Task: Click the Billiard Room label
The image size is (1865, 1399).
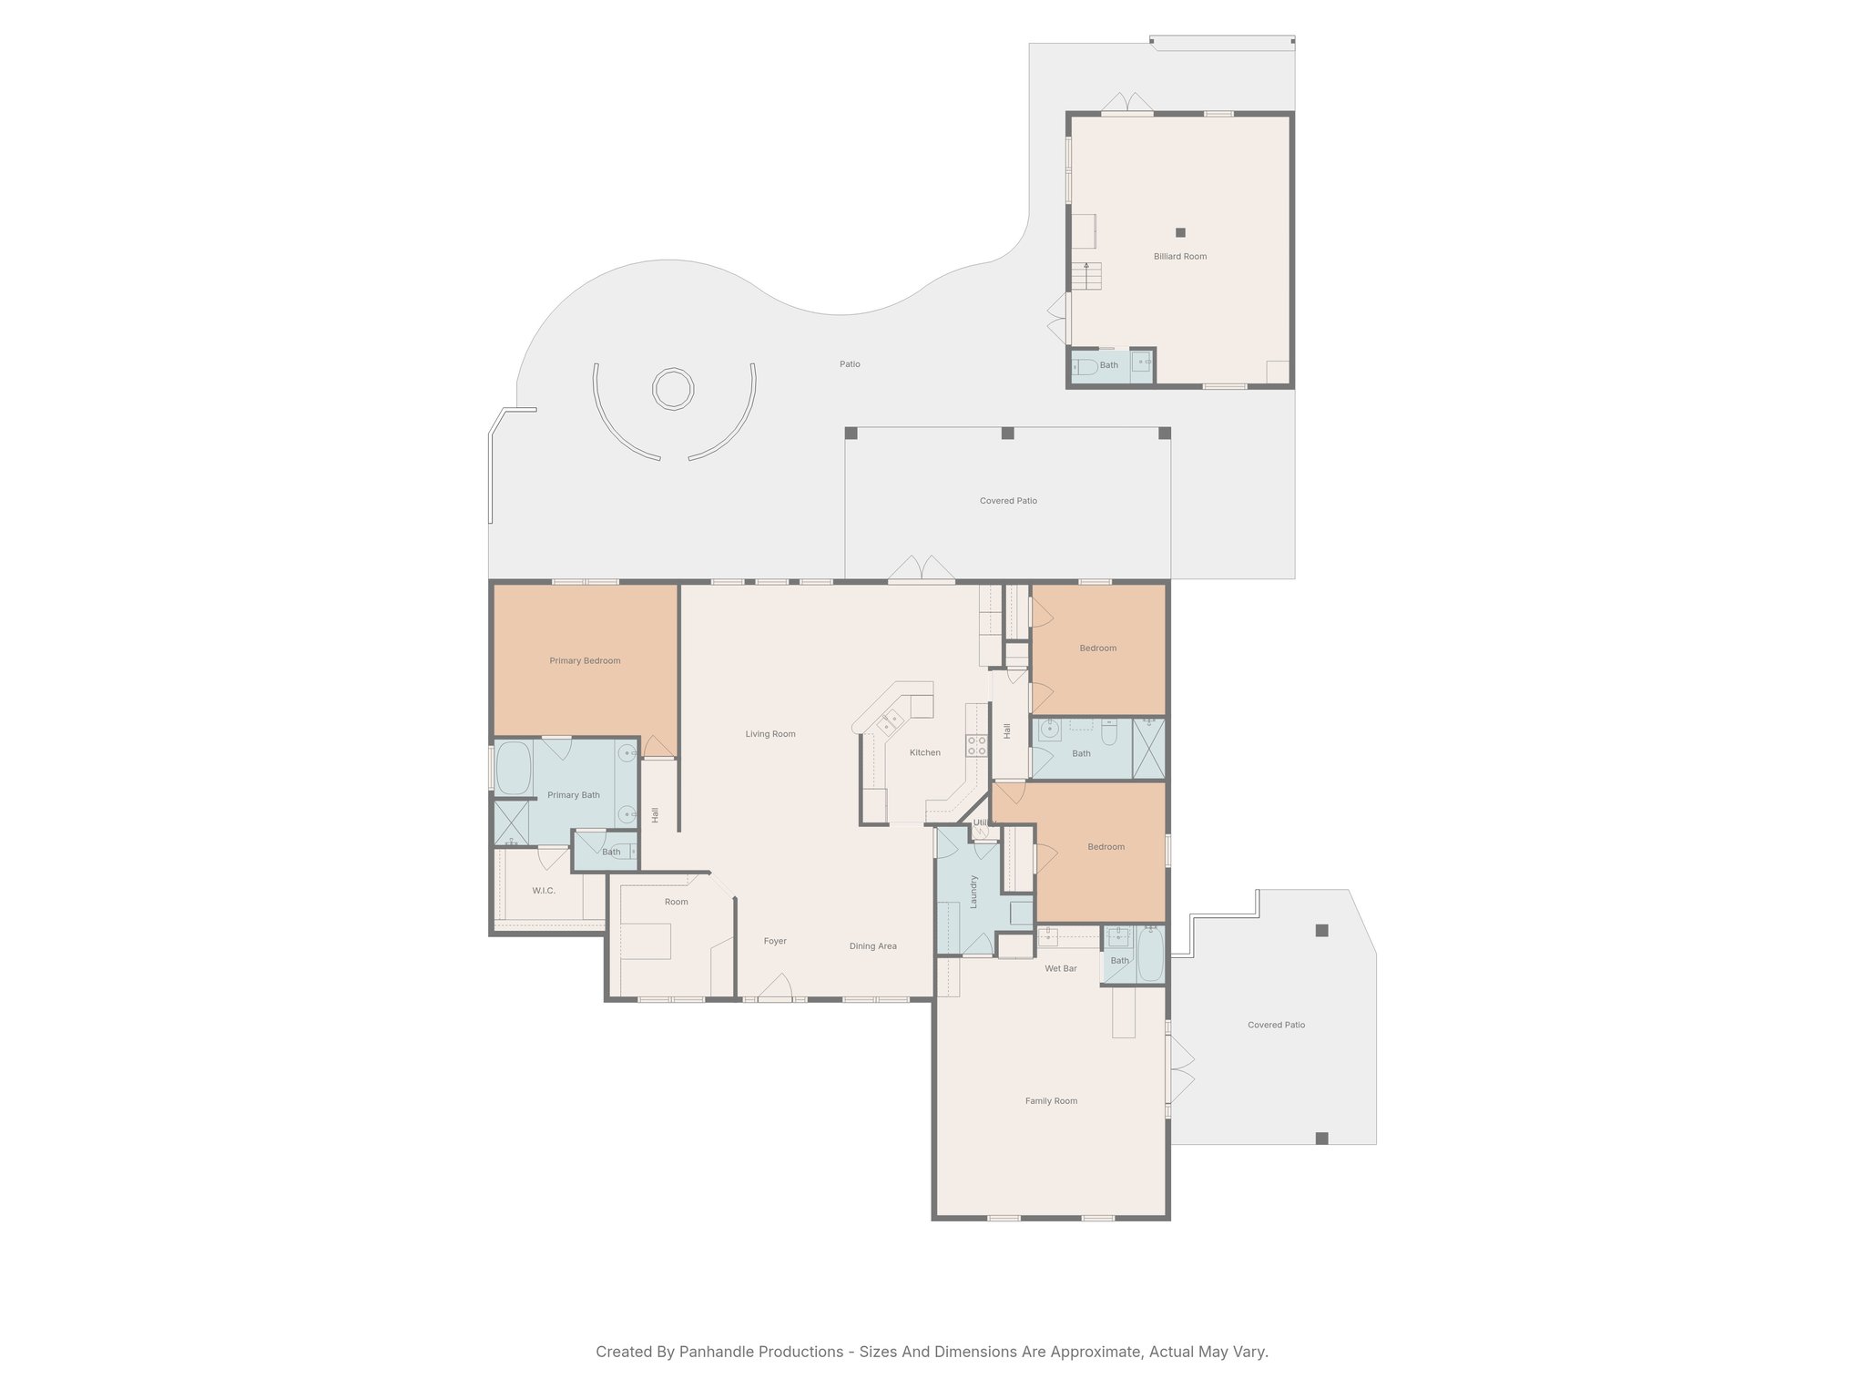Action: [x=1179, y=257]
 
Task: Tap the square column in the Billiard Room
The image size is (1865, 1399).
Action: [x=1180, y=232]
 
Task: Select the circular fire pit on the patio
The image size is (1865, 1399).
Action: [x=673, y=389]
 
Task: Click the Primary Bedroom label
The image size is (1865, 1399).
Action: [x=585, y=661]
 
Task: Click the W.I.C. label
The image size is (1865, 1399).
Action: [x=544, y=891]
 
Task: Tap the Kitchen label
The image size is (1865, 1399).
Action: [x=924, y=752]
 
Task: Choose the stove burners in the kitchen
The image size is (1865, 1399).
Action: [x=977, y=745]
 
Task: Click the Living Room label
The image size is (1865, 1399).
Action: [x=770, y=734]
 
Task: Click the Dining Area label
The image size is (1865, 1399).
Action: [x=872, y=946]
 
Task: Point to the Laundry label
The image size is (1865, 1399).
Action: [x=973, y=892]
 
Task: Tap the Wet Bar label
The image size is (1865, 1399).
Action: [x=1060, y=969]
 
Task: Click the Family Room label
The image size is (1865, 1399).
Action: [x=1051, y=1101]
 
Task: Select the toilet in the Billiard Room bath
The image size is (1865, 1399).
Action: [x=1085, y=367]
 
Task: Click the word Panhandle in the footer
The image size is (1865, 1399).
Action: [x=717, y=1352]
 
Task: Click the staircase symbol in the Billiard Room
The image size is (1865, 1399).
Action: [x=1086, y=276]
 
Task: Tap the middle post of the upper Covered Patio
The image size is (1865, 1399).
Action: [x=1007, y=434]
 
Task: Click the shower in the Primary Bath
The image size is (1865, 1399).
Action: [x=511, y=822]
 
